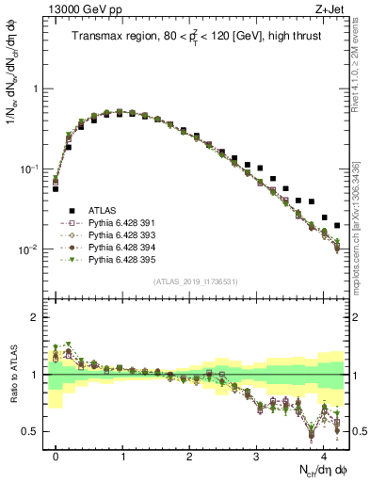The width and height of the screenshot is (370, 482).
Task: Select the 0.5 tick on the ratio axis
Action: pyautogui.click(x=36, y=431)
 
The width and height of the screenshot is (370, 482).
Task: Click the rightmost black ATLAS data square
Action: pyautogui.click(x=337, y=225)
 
